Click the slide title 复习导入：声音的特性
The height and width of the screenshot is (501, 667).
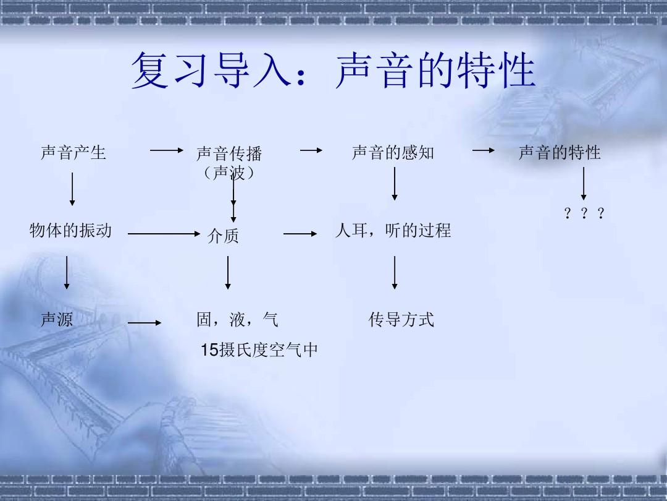coord(333,71)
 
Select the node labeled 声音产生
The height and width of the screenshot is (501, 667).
coord(73,153)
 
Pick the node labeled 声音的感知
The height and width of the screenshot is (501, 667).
coord(393,153)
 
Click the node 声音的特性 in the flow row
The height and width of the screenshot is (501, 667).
coord(560,153)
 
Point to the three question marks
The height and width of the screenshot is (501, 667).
coord(584,213)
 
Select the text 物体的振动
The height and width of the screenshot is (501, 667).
coord(70,231)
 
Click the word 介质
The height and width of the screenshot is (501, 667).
coord(224,236)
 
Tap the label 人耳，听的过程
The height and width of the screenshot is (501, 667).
coord(393,231)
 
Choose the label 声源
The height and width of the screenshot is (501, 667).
coord(57,320)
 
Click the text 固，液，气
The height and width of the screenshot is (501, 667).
coord(237,320)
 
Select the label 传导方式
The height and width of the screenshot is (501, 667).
coord(401,320)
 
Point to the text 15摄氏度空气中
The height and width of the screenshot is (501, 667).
coord(259,349)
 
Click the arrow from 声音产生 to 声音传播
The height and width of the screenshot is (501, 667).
coord(166,150)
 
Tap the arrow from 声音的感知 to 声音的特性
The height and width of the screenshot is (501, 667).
coord(484,150)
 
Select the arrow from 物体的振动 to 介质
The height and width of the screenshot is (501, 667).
coord(164,233)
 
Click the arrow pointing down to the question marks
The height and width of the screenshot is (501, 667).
coord(584,184)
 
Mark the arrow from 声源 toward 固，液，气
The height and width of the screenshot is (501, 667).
coord(145,323)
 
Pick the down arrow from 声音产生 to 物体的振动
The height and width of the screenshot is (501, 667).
coord(72,189)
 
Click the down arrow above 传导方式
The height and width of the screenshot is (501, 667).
coord(394,273)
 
